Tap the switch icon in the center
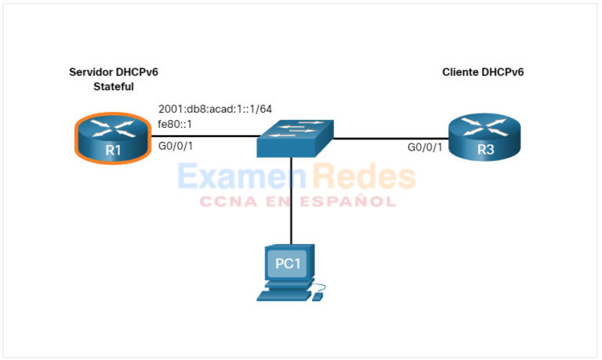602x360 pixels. [296, 138]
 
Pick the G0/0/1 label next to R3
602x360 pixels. [424, 147]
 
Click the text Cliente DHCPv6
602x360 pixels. [483, 72]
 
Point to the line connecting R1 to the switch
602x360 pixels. [204, 137]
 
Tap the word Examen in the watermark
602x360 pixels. [227, 177]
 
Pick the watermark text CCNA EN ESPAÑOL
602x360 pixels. [297, 202]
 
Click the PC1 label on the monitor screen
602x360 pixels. [288, 264]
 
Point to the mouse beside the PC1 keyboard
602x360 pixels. [318, 296]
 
